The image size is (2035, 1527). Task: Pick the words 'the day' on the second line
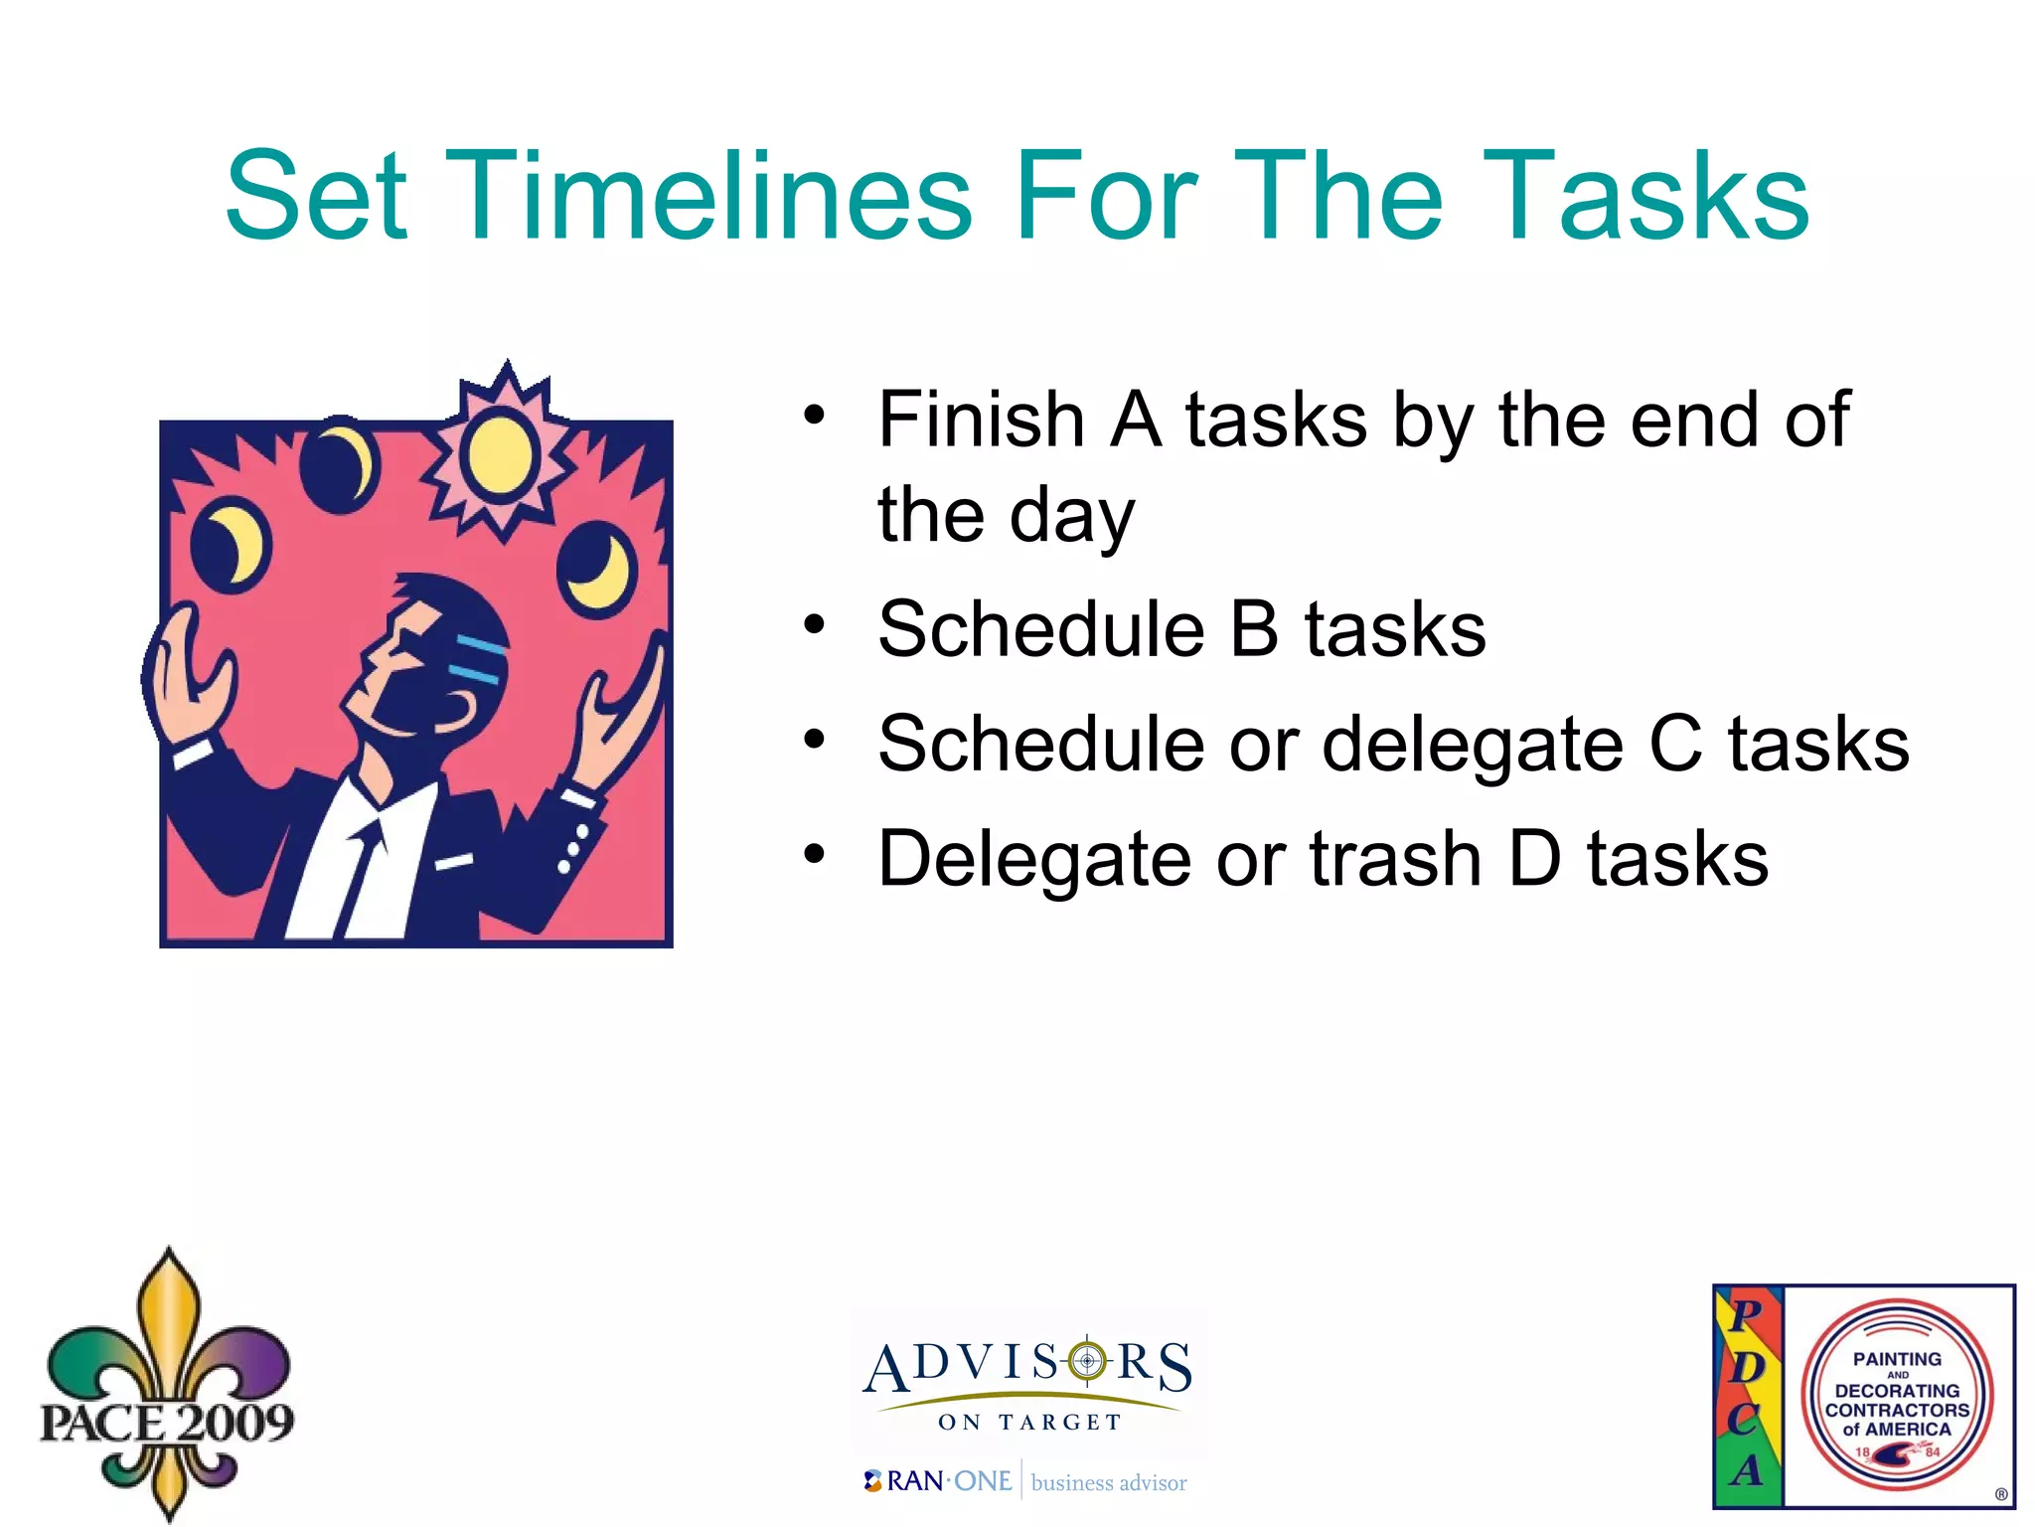coord(1006,515)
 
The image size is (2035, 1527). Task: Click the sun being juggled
coord(500,453)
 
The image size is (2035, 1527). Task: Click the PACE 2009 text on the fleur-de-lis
coord(167,1422)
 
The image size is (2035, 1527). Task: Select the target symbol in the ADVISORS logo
coord(1087,1360)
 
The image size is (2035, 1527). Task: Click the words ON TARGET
coord(1029,1423)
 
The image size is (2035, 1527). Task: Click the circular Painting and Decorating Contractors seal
coord(1897,1395)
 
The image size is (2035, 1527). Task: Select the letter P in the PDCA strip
coord(1746,1315)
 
